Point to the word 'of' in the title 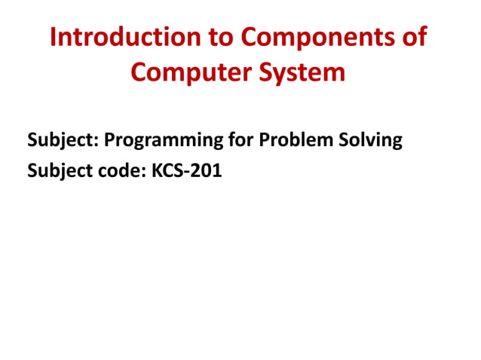pyautogui.click(x=416, y=37)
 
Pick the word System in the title pyautogui.click(x=305, y=73)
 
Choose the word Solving pyautogui.click(x=370, y=140)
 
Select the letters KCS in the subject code pyautogui.click(x=167, y=171)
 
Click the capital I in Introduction pyautogui.click(x=54, y=37)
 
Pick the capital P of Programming pyautogui.click(x=109, y=140)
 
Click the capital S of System pyautogui.click(x=269, y=73)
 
